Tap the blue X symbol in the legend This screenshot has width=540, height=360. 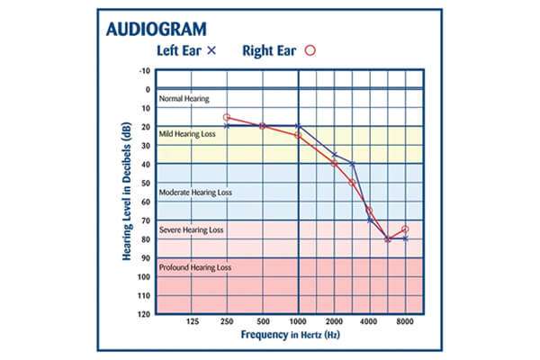coord(211,51)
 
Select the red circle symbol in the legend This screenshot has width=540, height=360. coord(312,51)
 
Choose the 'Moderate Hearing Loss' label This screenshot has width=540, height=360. coord(195,192)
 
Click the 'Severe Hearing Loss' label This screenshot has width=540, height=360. coord(192,230)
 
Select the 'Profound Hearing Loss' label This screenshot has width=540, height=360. coord(195,267)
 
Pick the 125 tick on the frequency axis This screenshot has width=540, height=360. coord(192,321)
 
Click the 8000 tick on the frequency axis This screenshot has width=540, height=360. coord(405,321)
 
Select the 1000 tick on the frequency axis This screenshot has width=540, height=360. coord(298,321)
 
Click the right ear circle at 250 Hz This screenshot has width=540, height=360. coord(227,117)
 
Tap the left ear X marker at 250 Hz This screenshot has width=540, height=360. coord(227,126)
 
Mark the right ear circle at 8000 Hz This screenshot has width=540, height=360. coord(405,229)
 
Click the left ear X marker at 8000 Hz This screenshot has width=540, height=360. coord(405,238)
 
